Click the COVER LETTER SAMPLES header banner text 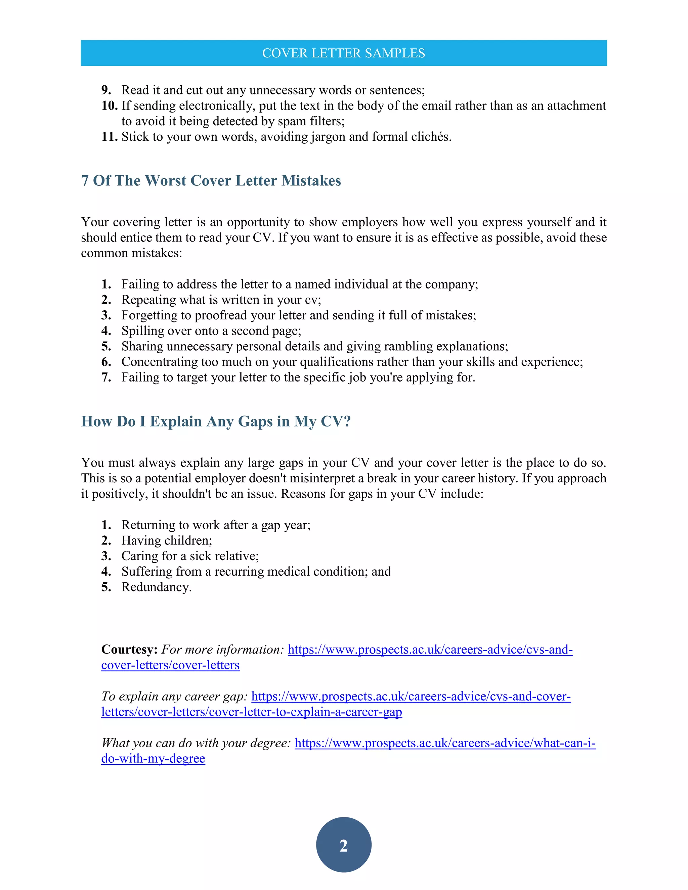click(x=344, y=53)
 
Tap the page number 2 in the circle click(x=344, y=846)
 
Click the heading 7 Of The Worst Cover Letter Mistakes click(x=211, y=181)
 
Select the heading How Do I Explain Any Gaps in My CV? click(x=216, y=421)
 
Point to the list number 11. click(x=109, y=136)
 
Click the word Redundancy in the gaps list click(x=155, y=587)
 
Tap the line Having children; click(x=166, y=540)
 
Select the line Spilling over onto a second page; click(x=211, y=330)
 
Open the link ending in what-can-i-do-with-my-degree click(x=445, y=743)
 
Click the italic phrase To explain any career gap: click(x=174, y=696)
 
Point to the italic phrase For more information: click(x=222, y=649)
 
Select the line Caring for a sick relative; click(x=189, y=556)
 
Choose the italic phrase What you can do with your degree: click(x=196, y=743)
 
